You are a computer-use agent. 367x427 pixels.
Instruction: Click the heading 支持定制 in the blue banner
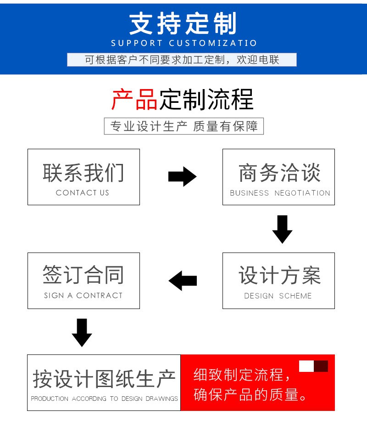183,23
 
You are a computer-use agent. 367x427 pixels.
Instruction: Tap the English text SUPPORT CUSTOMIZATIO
184,43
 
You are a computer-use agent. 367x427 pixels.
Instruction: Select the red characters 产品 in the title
134,99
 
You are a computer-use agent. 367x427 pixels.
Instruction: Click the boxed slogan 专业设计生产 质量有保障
184,126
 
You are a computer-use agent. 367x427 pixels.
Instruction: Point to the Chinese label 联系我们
83,173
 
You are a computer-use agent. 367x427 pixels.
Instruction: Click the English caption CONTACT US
83,193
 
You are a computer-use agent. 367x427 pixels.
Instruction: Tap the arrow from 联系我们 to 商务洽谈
182,176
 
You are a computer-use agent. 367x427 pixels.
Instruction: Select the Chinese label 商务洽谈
280,173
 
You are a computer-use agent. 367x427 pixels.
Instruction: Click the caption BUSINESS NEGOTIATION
280,193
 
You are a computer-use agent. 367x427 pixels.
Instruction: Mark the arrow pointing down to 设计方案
283,229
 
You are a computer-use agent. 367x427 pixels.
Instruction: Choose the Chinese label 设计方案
280,275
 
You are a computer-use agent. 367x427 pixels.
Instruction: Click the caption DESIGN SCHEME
278,296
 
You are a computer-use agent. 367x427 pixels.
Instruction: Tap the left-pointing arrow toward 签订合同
183,281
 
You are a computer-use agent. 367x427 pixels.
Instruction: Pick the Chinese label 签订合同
83,275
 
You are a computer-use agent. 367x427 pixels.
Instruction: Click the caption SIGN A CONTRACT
83,295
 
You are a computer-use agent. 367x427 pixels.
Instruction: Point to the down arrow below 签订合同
82,332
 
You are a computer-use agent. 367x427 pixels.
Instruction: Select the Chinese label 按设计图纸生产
104,379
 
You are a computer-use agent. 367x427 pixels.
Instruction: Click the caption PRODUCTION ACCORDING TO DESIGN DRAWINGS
104,399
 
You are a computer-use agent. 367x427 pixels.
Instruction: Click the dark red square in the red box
321,366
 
